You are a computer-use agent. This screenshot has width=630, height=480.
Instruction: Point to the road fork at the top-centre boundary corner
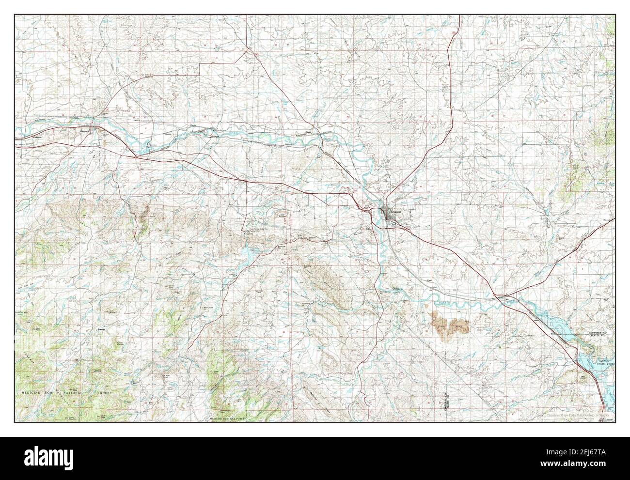pyautogui.click(x=248, y=48)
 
